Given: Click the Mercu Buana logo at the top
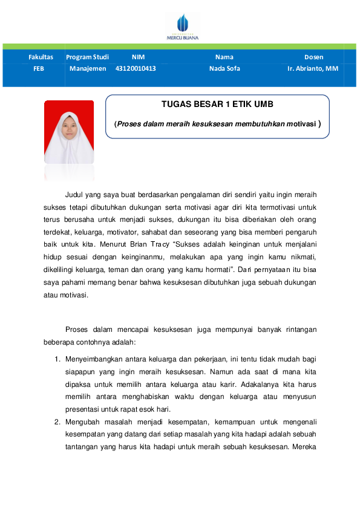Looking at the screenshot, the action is click(182, 27).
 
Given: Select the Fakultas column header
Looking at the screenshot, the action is click(41, 57).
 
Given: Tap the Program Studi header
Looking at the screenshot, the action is click(88, 57).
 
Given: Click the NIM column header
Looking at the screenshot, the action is click(138, 57).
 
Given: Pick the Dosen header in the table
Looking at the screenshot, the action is click(313, 57).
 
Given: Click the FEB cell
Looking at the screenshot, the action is click(39, 68).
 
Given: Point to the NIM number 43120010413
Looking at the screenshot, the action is click(136, 68).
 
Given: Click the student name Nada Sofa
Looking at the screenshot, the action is click(224, 68).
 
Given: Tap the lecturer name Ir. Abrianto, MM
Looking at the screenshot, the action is click(313, 68).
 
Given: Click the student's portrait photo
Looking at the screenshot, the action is click(69, 132).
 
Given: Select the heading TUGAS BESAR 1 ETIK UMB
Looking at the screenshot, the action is click(218, 104).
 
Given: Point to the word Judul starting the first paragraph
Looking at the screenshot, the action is click(74, 195).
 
